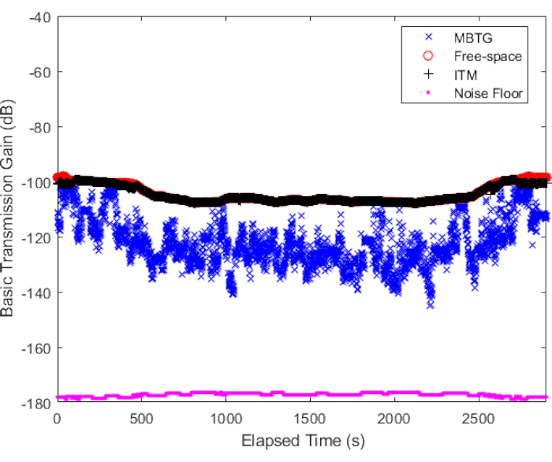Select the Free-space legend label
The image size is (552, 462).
487,56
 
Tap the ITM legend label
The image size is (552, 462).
465,75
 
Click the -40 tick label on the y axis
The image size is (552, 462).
39,17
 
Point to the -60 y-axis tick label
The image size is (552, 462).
39,72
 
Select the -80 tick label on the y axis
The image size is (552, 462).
39,127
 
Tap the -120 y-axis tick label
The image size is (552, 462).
36,237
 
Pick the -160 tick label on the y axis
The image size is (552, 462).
36,348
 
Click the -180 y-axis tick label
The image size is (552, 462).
36,403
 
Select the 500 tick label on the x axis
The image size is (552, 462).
141,417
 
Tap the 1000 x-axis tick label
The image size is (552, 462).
226,417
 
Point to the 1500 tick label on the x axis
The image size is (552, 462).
310,417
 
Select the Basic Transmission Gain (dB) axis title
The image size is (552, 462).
9,209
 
